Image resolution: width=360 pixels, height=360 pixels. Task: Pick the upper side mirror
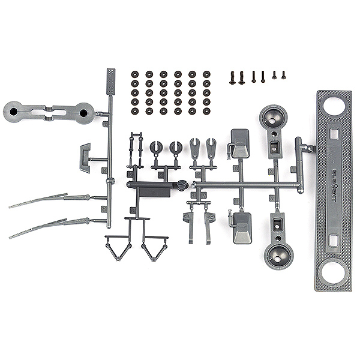[240, 142]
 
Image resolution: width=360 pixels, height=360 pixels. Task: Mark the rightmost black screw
[283, 75]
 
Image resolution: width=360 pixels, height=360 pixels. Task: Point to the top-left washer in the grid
[134, 74]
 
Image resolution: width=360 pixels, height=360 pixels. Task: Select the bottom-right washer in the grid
[206, 111]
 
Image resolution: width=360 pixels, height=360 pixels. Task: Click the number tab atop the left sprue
[112, 76]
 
